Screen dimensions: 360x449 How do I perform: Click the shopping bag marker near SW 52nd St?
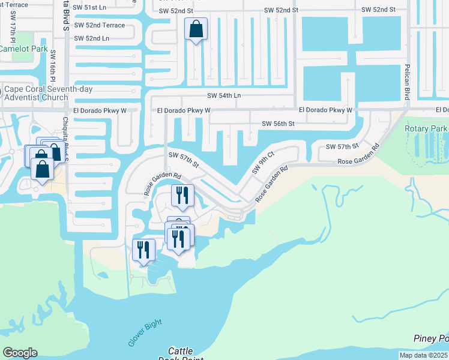pyautogui.click(x=196, y=29)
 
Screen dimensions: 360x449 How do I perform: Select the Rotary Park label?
pyautogui.click(x=426, y=128)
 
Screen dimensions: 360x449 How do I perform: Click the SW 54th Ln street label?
pyautogui.click(x=224, y=95)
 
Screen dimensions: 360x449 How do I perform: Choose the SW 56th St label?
pyautogui.click(x=278, y=124)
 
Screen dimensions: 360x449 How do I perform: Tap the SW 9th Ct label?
pyautogui.click(x=262, y=162)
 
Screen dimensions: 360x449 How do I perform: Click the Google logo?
pyautogui.click(x=20, y=352)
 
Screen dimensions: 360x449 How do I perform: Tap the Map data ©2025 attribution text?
pyautogui.click(x=424, y=355)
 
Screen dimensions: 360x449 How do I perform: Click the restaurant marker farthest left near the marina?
pyautogui.click(x=143, y=249)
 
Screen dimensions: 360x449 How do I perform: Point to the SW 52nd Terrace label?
pyautogui.click(x=101, y=25)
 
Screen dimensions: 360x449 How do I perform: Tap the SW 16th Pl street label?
pyautogui.click(x=53, y=68)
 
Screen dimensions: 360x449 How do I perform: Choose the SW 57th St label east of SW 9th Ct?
pyautogui.click(x=342, y=146)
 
